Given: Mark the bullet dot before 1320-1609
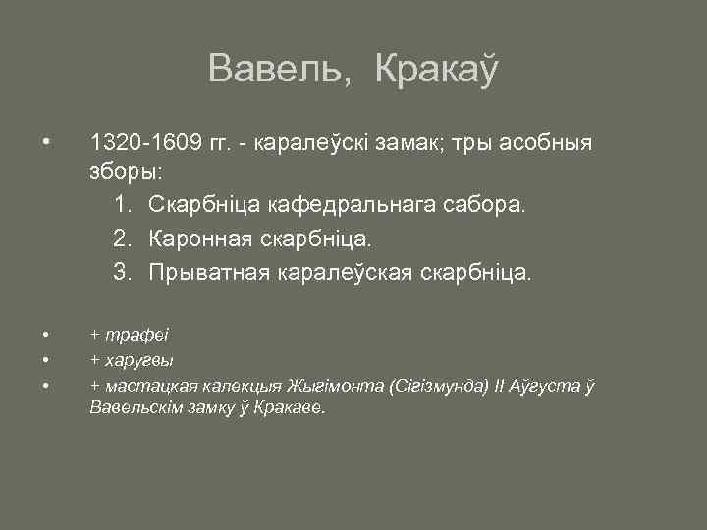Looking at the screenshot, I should coord(47,144).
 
